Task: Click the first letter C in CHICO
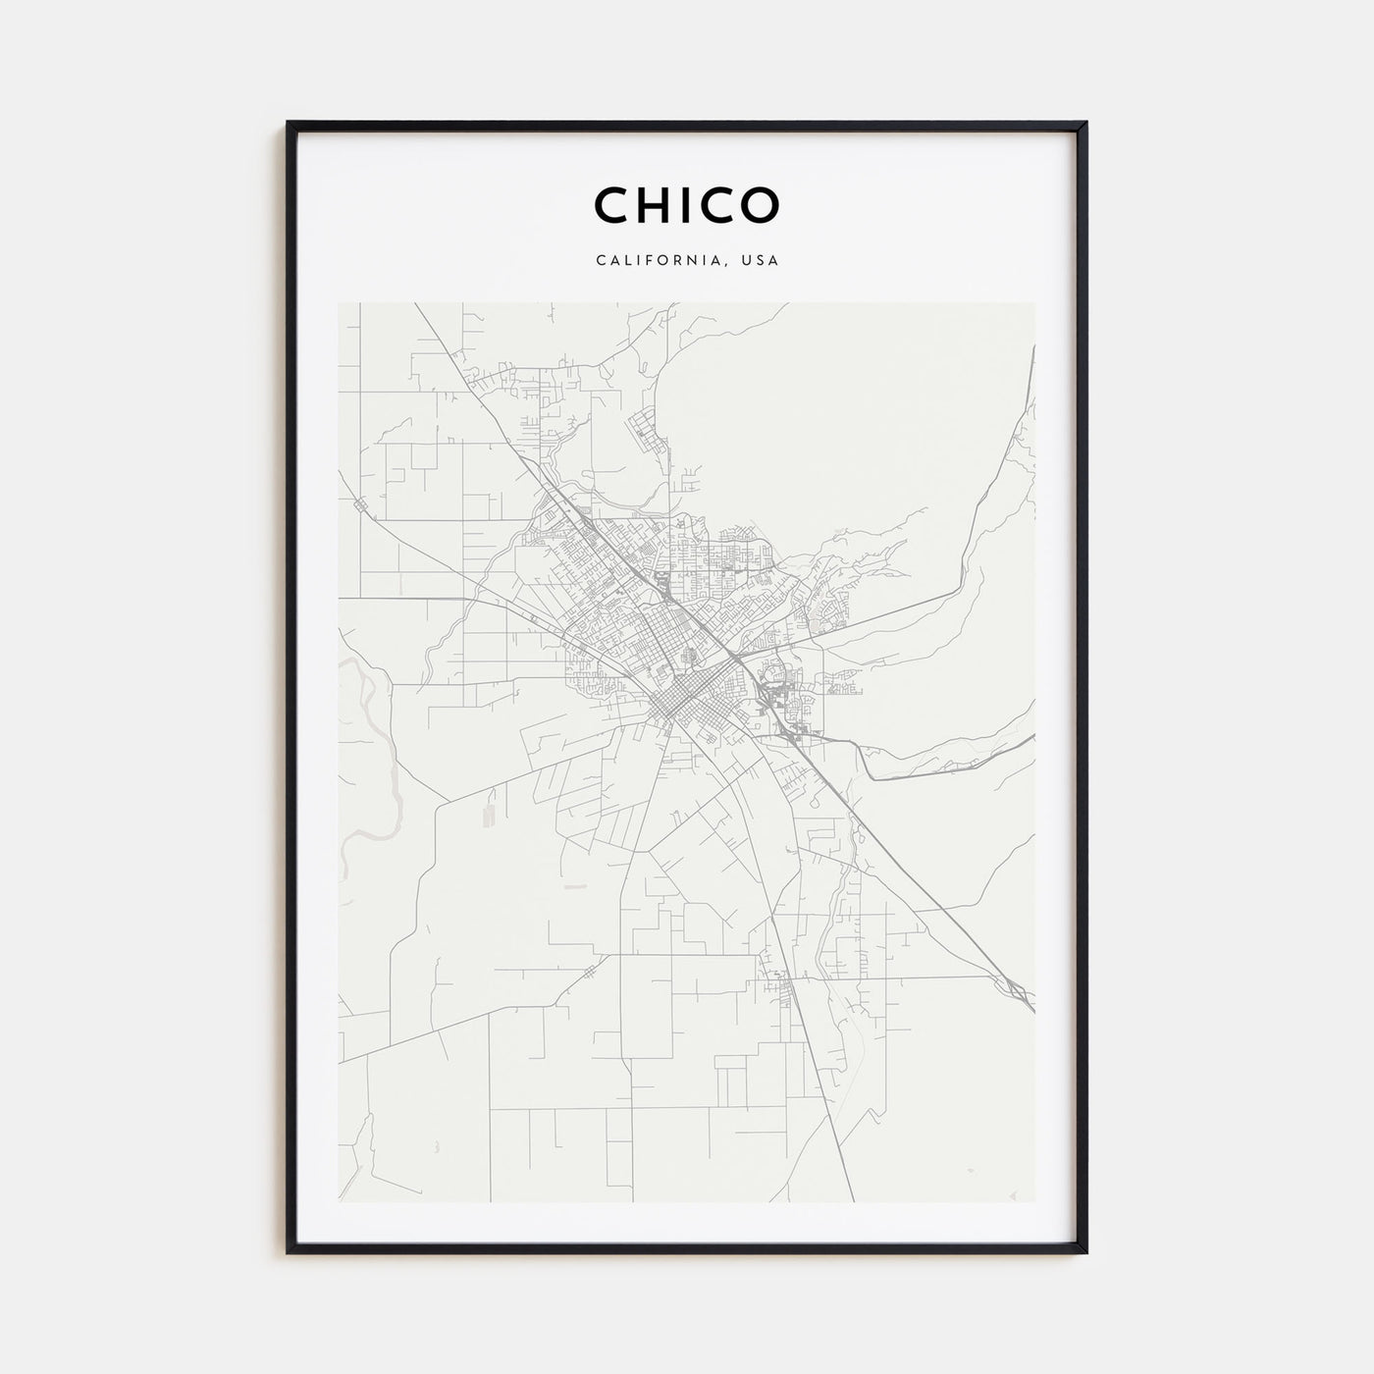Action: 611,204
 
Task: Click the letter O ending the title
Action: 763,204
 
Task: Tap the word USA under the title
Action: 762,261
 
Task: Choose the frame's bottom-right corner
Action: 1084,1251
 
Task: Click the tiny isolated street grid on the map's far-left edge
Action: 359,506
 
